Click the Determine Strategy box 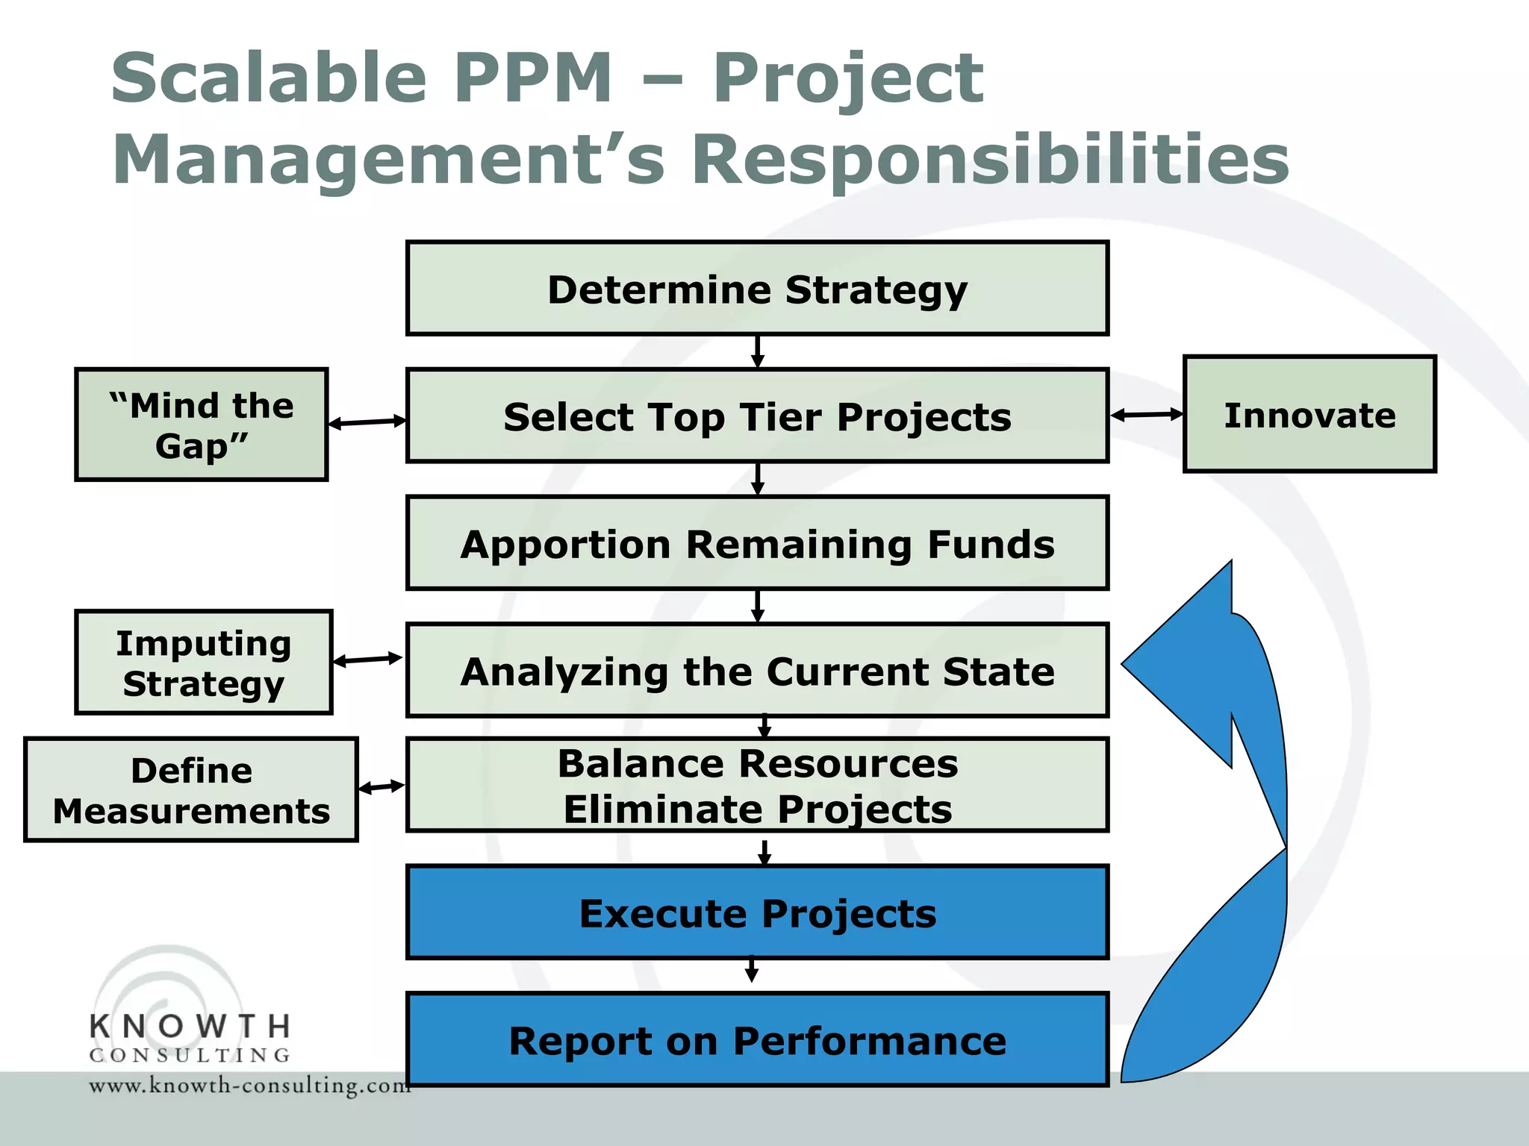point(757,289)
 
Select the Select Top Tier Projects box point(757,416)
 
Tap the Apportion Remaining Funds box point(757,544)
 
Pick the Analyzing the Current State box point(757,671)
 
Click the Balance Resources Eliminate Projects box point(757,785)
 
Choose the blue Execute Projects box point(757,912)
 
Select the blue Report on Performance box point(757,1040)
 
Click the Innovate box point(1310,415)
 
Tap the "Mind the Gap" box point(202,425)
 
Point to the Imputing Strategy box point(203,663)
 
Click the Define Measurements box point(191,790)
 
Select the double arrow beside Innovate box point(1147,415)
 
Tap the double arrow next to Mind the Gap point(367,422)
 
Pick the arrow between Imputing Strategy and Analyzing point(368,660)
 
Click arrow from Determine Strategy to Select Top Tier point(757,351)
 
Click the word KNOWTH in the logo point(190,1027)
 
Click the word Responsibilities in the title point(990,160)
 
